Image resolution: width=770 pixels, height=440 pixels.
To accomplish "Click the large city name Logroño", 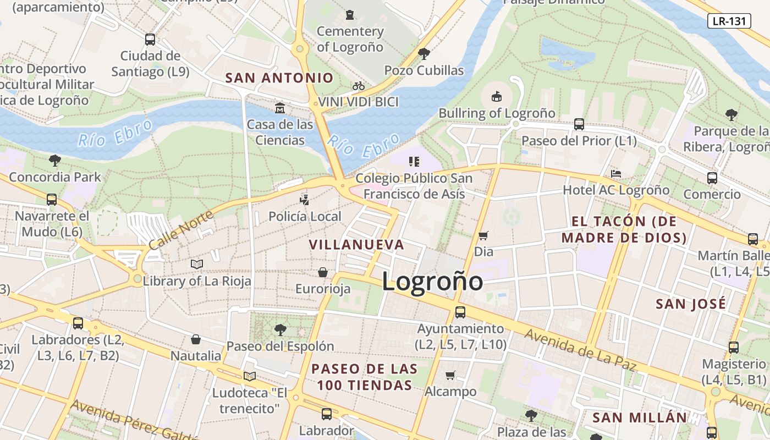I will click(x=432, y=282).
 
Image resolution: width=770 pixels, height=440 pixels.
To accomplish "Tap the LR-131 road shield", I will click(x=729, y=21).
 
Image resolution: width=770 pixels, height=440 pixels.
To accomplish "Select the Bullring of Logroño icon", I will click(x=497, y=96).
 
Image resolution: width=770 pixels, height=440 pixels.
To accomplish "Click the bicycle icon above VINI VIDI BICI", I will click(x=359, y=86).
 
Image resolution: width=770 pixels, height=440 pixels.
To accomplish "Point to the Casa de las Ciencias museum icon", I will click(x=280, y=107).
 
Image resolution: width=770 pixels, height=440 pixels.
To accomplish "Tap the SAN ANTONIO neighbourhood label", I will click(x=279, y=78).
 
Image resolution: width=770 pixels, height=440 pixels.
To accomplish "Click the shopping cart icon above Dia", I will click(x=483, y=235).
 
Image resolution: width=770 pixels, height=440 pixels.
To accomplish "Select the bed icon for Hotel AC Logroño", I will click(x=616, y=174).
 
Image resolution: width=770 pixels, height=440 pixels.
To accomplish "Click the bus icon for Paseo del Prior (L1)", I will click(x=579, y=124).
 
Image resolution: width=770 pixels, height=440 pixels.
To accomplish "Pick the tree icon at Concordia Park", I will click(x=54, y=161).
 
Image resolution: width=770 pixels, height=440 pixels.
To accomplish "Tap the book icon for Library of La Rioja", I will click(x=197, y=264).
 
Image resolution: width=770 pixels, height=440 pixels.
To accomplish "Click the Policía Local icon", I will click(x=305, y=199).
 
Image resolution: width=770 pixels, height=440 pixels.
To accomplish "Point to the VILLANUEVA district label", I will click(x=356, y=245).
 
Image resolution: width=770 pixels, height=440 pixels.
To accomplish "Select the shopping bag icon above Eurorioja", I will click(x=323, y=272).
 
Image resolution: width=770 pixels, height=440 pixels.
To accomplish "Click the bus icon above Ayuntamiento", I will click(x=460, y=312).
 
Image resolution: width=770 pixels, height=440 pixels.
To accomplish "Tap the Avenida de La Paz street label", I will click(x=580, y=349).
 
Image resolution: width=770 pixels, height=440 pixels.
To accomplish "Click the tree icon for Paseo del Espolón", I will click(x=280, y=330).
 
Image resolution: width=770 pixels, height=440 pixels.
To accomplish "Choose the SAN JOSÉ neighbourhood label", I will click(x=691, y=304).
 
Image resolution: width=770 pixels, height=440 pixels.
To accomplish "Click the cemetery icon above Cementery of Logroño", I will click(x=350, y=14).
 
